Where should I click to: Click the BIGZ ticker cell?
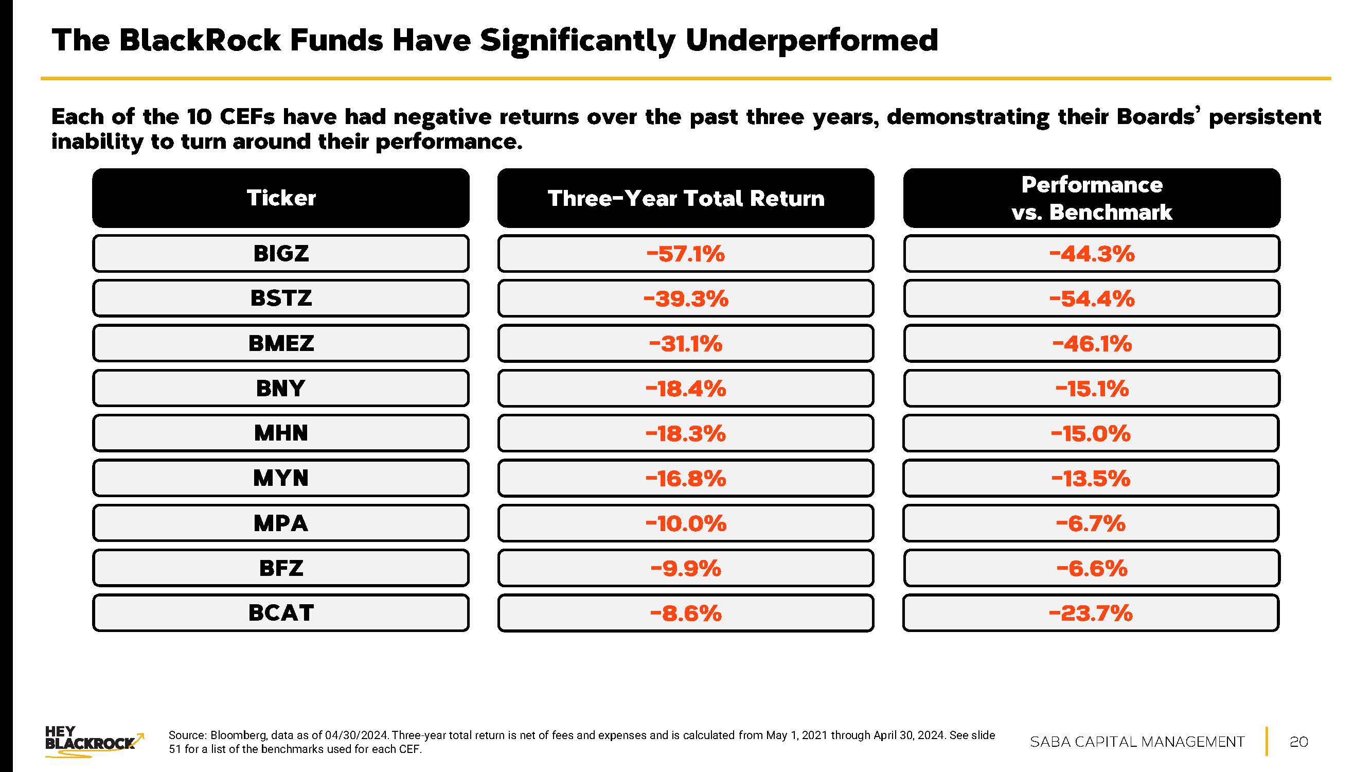[x=281, y=254]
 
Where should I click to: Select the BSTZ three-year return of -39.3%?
[x=685, y=299]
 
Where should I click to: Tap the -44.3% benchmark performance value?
[x=1091, y=254]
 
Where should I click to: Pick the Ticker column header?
[x=281, y=198]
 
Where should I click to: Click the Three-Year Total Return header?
[x=685, y=198]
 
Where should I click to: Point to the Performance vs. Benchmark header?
[x=1091, y=198]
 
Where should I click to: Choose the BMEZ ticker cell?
[x=281, y=343]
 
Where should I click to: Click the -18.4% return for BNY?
[x=685, y=389]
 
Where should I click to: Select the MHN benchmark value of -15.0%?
[x=1091, y=433]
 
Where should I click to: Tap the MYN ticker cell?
[x=281, y=478]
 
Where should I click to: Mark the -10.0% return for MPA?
[x=685, y=523]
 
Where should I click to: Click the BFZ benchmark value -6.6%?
[x=1091, y=568]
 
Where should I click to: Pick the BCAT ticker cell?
[x=281, y=612]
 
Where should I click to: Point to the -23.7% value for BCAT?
[x=1091, y=612]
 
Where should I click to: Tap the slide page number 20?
[x=1298, y=742]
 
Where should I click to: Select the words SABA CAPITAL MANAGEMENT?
[x=1137, y=742]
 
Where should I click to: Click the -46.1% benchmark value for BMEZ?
[x=1091, y=343]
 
